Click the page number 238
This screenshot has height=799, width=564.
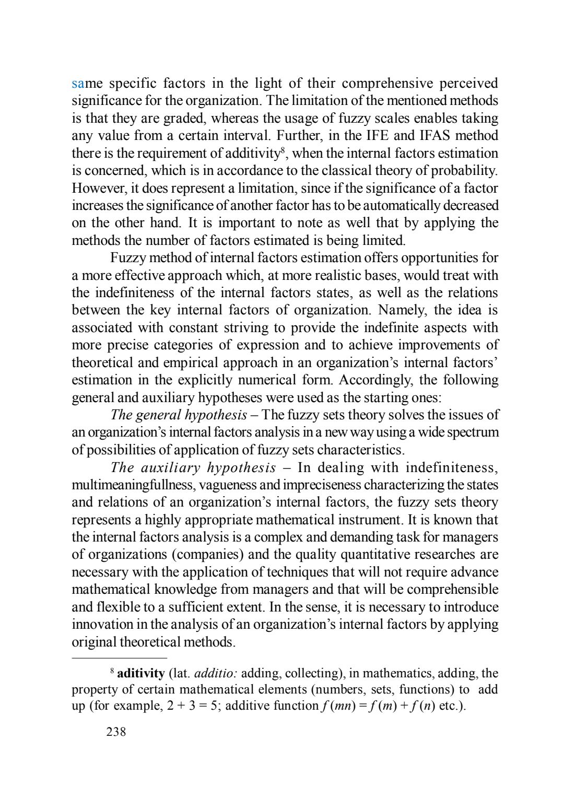point(116,732)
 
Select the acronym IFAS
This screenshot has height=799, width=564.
point(437,136)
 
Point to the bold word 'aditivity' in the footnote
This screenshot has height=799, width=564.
point(141,672)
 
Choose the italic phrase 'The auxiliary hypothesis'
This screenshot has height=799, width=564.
point(193,467)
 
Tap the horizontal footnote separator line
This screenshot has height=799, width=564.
point(119,657)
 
